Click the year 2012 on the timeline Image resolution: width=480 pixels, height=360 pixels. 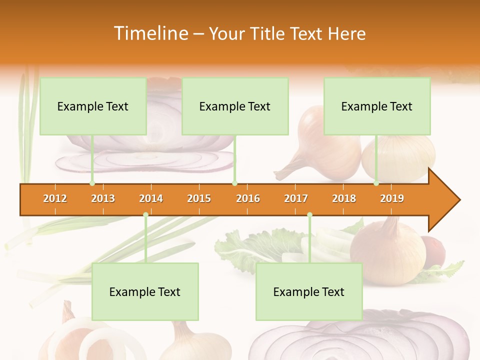tap(55, 198)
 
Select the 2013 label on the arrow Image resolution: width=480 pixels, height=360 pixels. tap(103, 198)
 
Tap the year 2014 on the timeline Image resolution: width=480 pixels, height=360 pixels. tap(151, 198)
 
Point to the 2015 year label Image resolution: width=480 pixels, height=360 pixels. tap(199, 198)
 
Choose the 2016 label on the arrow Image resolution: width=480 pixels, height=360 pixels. tap(248, 198)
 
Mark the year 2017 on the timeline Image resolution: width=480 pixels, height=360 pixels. tap(296, 198)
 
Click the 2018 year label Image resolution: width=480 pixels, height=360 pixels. tap(344, 198)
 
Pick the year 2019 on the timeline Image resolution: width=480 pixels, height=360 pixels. tap(392, 198)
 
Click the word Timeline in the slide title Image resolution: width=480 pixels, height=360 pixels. tap(150, 33)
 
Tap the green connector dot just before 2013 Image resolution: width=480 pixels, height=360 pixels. tap(92, 183)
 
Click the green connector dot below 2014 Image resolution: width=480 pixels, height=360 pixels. tap(145, 215)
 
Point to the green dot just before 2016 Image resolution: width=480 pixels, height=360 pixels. tap(234, 183)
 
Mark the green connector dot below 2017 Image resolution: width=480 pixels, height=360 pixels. tap(309, 215)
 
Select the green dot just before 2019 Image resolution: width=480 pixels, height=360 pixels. tap(376, 183)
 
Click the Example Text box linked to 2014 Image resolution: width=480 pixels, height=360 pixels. tap(145, 291)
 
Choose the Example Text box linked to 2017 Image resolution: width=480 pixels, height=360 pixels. tap(309, 291)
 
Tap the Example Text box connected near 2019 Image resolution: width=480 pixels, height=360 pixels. tap(377, 106)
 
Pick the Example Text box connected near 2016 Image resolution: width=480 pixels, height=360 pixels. tap(235, 106)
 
